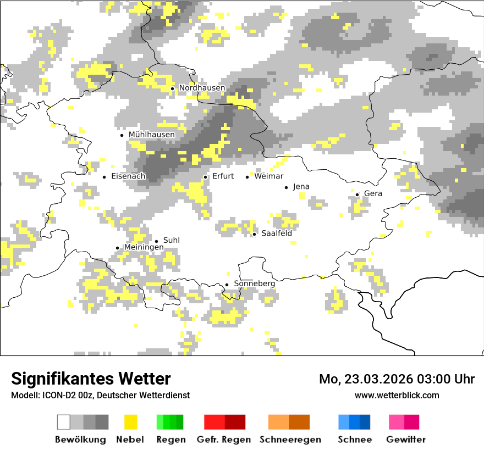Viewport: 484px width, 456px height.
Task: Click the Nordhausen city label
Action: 202,88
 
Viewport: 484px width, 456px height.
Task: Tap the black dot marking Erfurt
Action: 205,177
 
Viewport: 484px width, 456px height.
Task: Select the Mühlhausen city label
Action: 151,135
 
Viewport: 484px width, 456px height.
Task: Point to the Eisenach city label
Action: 128,176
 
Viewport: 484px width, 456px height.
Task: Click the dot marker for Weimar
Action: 248,177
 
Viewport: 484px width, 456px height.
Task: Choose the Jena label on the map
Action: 301,187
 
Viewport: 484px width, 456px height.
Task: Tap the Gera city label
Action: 373,193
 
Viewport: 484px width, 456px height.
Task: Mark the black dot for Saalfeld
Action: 254,234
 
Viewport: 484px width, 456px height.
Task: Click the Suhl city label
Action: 171,241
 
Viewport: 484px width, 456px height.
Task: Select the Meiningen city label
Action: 144,248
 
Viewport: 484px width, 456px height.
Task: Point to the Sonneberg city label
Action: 254,283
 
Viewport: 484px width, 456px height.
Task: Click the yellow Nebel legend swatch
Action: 130,422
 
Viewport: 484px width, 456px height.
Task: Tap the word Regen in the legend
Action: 170,440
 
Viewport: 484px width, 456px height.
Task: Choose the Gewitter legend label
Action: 405,440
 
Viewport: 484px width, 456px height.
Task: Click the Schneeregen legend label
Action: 290,440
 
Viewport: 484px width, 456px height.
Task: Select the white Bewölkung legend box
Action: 64,422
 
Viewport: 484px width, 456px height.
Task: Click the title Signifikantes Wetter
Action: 91,379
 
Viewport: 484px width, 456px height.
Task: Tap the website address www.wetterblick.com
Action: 397,396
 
